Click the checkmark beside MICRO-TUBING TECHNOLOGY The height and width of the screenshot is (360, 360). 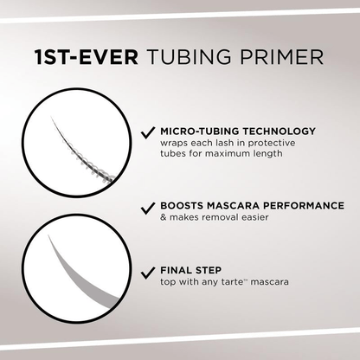point(147,132)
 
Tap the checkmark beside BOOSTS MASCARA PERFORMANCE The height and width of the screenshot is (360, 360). point(147,209)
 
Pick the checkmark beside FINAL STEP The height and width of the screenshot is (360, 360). point(147,270)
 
